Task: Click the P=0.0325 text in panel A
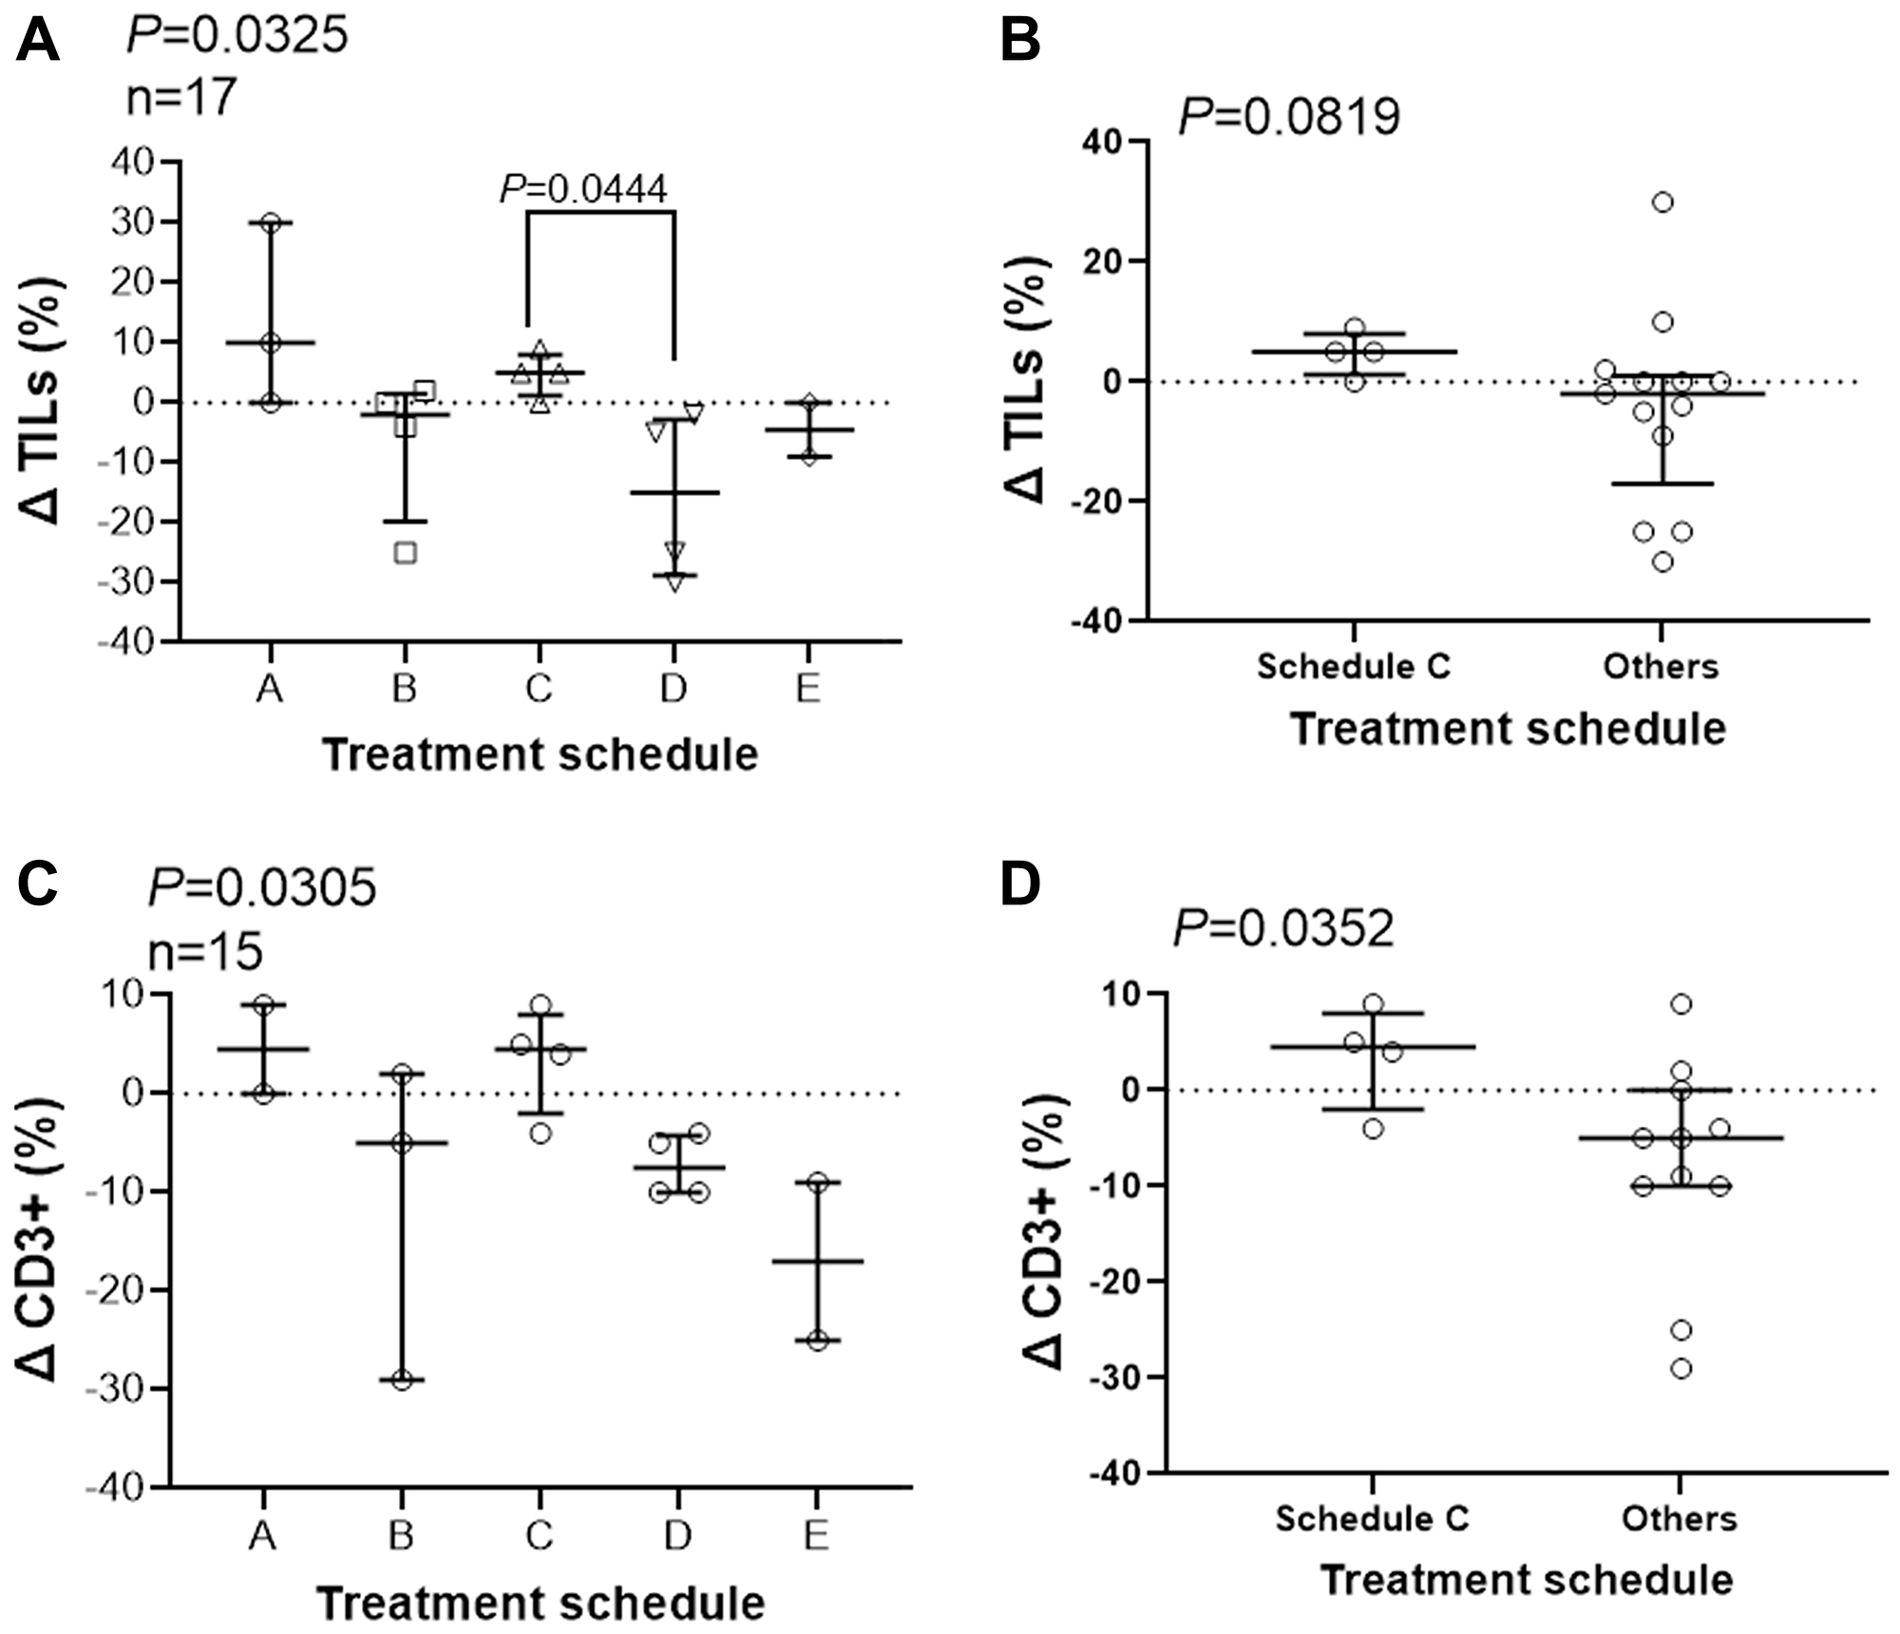point(237,37)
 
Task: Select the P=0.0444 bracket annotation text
point(583,189)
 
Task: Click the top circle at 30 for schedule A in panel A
point(271,222)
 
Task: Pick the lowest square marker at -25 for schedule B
point(405,553)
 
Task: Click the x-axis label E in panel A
point(807,688)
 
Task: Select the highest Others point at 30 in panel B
point(1662,201)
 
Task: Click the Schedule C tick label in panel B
point(1354,667)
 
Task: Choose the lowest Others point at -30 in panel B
point(1662,561)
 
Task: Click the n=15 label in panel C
point(205,951)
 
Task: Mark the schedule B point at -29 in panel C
point(402,1380)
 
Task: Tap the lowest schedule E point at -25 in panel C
point(818,1341)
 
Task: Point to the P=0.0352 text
point(1283,928)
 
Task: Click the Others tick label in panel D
point(1679,1519)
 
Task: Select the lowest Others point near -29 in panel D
point(1681,1369)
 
